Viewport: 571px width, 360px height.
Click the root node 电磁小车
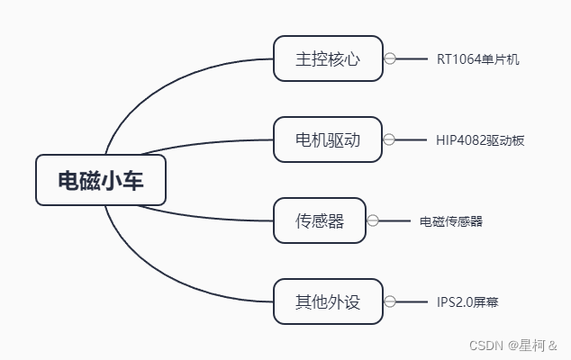(x=101, y=180)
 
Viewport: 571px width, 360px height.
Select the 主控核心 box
(x=328, y=58)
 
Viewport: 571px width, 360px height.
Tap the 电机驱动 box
(x=328, y=139)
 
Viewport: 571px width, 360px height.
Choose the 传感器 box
(x=320, y=220)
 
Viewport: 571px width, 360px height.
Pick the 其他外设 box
(x=328, y=301)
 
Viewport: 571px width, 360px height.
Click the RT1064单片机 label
(x=477, y=59)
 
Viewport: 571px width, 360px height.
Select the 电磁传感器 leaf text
(x=451, y=221)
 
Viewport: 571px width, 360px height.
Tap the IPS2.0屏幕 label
(x=467, y=302)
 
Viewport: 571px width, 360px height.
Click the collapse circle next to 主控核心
(x=390, y=58)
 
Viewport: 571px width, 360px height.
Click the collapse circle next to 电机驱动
(x=390, y=139)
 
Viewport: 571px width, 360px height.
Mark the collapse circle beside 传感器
(x=373, y=220)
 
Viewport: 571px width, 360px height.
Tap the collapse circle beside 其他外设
(x=390, y=301)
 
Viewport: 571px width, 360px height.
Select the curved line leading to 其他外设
(x=171, y=274)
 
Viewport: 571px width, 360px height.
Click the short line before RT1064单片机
(x=412, y=58)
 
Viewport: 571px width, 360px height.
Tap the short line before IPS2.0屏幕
(x=412, y=301)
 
